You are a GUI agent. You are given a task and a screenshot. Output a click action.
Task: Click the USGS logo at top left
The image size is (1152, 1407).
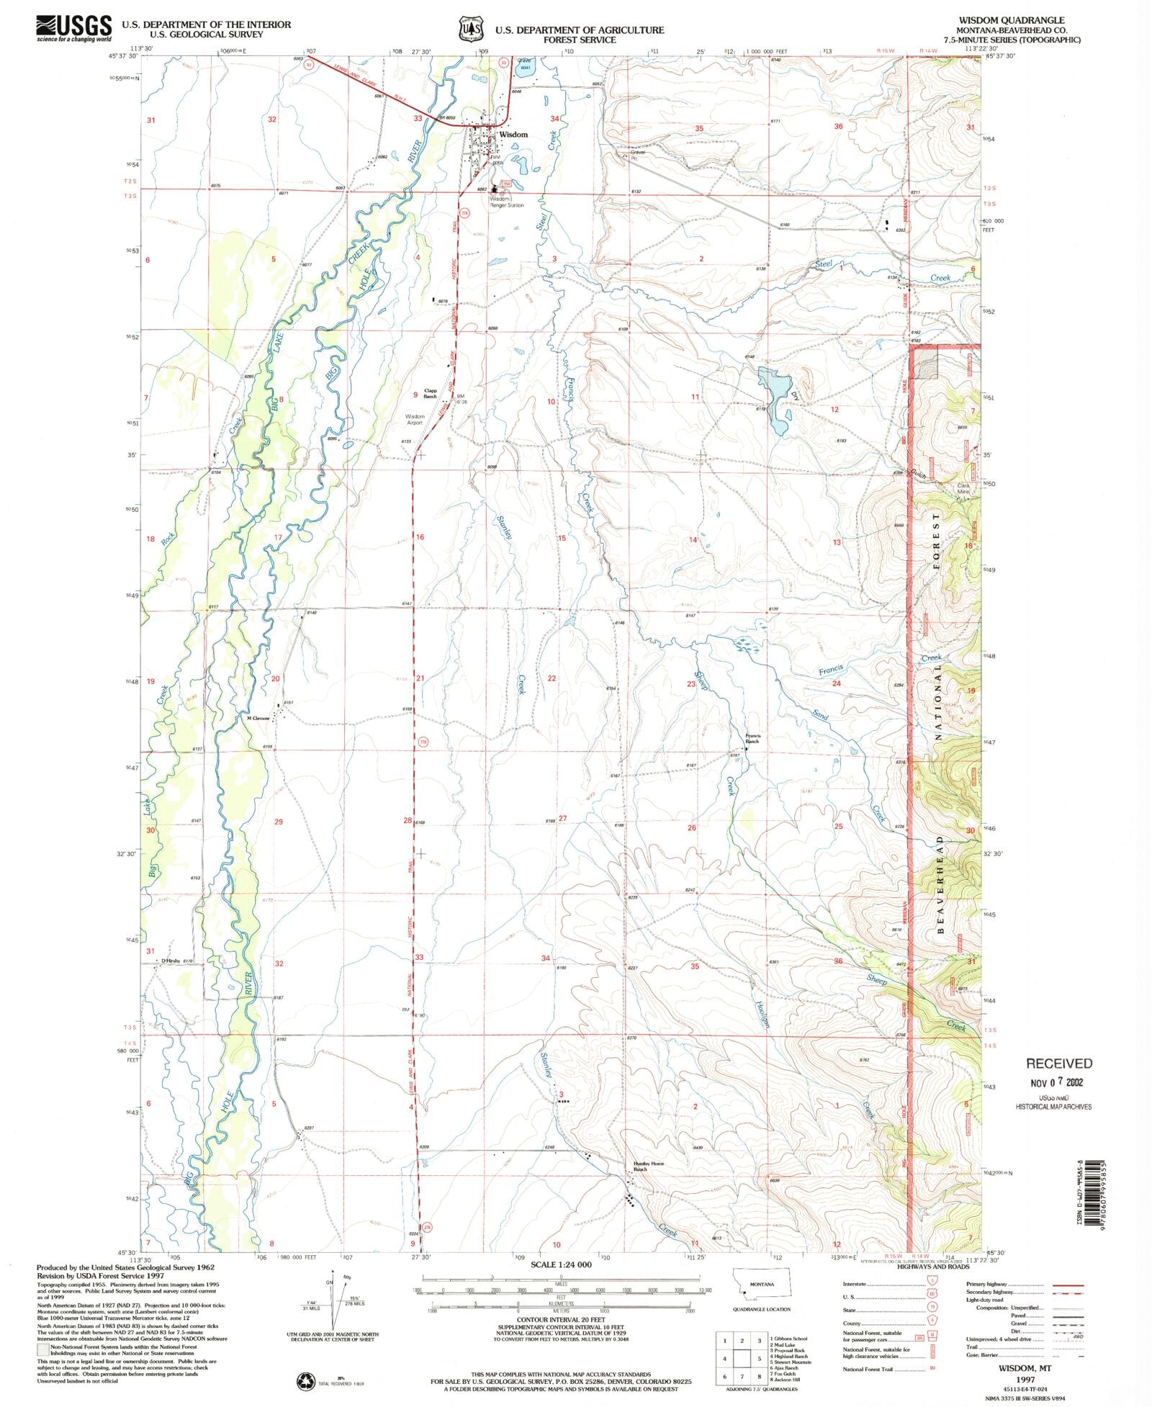(x=74, y=28)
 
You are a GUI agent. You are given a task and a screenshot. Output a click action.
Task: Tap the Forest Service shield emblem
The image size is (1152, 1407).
(x=471, y=29)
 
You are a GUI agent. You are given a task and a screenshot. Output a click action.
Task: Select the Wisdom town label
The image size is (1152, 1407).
(x=513, y=135)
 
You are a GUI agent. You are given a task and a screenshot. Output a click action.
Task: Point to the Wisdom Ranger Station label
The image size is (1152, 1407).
(x=507, y=202)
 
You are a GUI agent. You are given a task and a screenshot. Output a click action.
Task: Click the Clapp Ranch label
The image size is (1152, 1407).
(x=430, y=393)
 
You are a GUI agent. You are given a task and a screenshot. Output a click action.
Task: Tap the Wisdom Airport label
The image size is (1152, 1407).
(x=415, y=420)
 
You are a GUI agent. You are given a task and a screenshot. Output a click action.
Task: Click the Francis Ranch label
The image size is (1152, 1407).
(x=752, y=738)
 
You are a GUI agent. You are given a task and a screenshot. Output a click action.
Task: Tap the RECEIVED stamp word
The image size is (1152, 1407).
(x=1058, y=1064)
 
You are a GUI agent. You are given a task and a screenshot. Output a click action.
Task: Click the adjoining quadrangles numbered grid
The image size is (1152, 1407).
(x=741, y=1358)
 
